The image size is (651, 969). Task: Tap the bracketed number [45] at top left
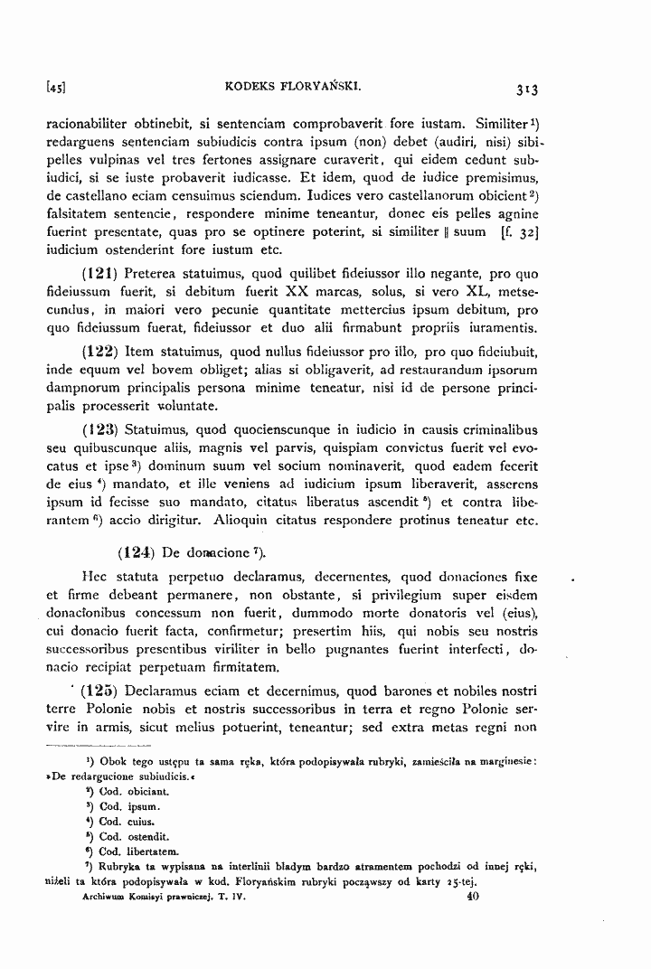[x=57, y=89]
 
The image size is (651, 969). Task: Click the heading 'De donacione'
[x=200, y=550]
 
